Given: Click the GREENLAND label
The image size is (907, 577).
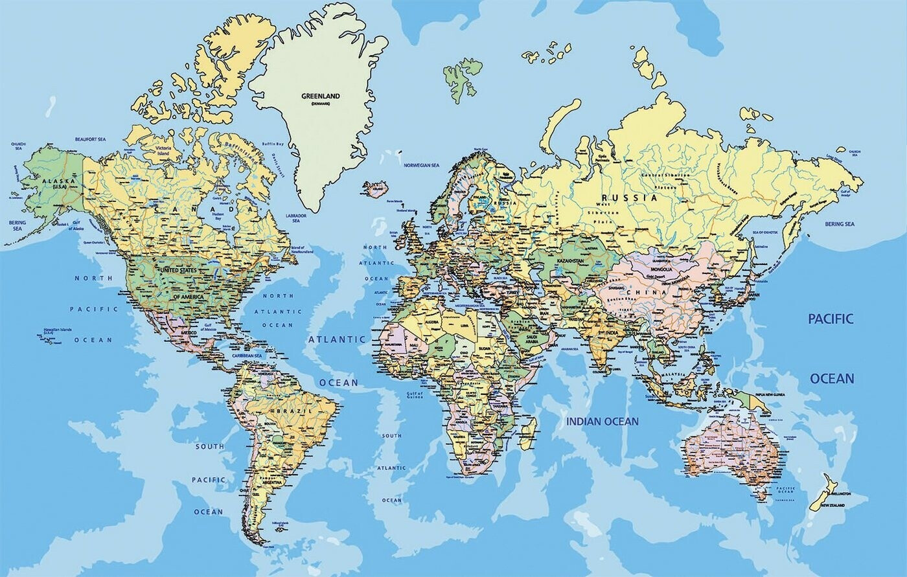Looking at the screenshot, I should pyautogui.click(x=320, y=96).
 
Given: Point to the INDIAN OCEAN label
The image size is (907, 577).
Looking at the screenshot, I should pyautogui.click(x=603, y=422).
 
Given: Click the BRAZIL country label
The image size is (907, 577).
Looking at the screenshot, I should pyautogui.click(x=293, y=411).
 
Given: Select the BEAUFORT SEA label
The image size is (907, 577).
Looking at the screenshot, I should pyautogui.click(x=90, y=139).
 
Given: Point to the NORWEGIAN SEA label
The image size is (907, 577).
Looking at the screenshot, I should pyautogui.click(x=422, y=166).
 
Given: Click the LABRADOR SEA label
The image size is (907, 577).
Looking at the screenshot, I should pyautogui.click(x=295, y=218).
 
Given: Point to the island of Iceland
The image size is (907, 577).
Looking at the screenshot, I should pyautogui.click(x=375, y=188).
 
